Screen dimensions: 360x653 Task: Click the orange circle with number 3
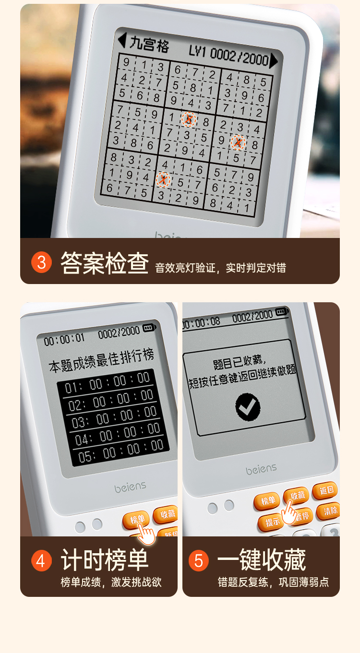click(41, 262)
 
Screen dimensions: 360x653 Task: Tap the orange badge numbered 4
click(41, 560)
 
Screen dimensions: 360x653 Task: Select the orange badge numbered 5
click(199, 560)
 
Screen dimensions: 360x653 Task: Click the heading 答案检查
click(105, 263)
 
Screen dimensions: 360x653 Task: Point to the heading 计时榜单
click(105, 560)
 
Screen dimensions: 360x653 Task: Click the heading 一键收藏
click(262, 560)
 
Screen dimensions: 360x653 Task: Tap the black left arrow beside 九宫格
click(122, 40)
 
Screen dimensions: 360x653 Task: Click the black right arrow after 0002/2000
click(274, 61)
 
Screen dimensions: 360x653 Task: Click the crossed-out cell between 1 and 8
click(189, 119)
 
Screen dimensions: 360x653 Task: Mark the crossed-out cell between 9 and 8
click(238, 142)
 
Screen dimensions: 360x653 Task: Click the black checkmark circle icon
click(248, 407)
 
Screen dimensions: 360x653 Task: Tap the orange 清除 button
click(329, 511)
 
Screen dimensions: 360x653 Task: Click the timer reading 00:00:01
click(64, 339)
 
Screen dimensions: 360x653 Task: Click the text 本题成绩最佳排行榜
click(101, 361)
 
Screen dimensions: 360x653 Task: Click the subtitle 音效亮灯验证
click(185, 268)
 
